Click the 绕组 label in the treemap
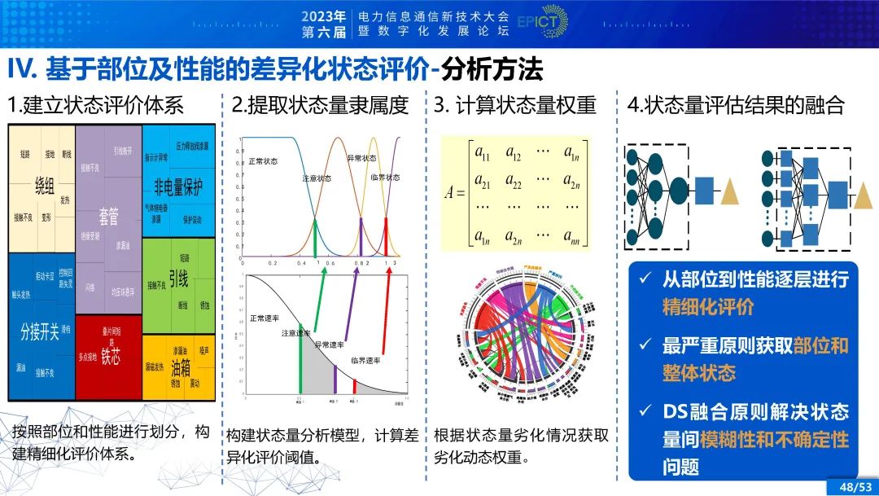pos(45,187)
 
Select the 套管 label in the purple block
pos(108,216)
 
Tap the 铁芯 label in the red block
pos(111,357)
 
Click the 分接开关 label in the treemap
pos(40,331)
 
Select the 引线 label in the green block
pos(178,280)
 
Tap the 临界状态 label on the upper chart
pos(384,177)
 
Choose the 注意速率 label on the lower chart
pos(296,333)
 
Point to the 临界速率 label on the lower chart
pos(365,359)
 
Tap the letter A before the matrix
pos(450,194)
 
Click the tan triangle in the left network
pos(730,192)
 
